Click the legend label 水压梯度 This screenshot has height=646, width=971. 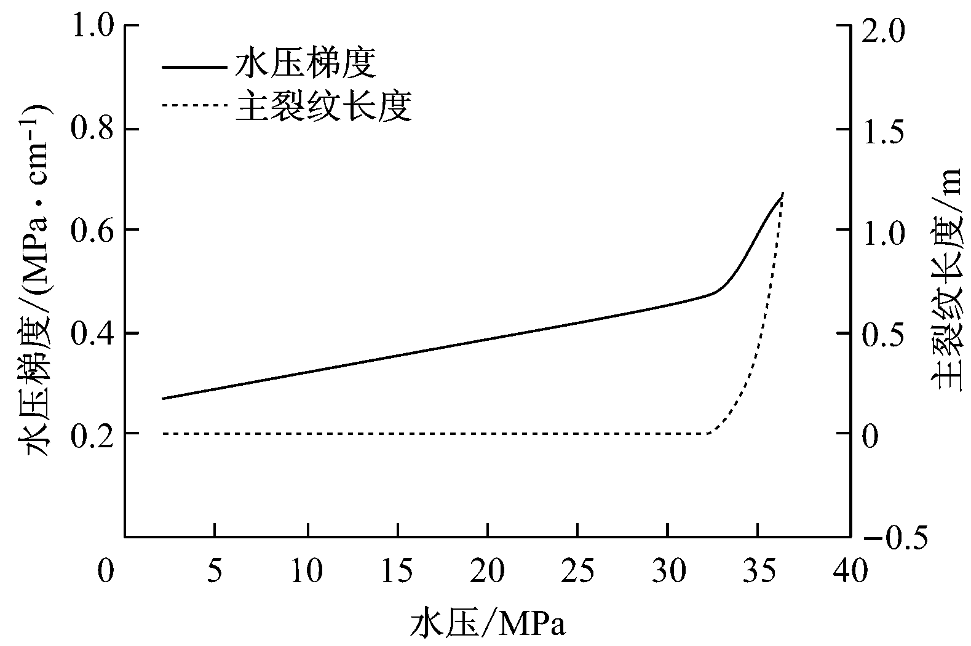click(305, 64)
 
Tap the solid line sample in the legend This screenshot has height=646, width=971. click(193, 66)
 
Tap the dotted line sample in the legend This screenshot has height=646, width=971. click(193, 105)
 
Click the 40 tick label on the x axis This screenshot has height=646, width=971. click(849, 571)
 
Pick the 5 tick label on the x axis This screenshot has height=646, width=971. click(214, 571)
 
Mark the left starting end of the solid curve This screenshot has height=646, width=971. click(163, 399)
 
